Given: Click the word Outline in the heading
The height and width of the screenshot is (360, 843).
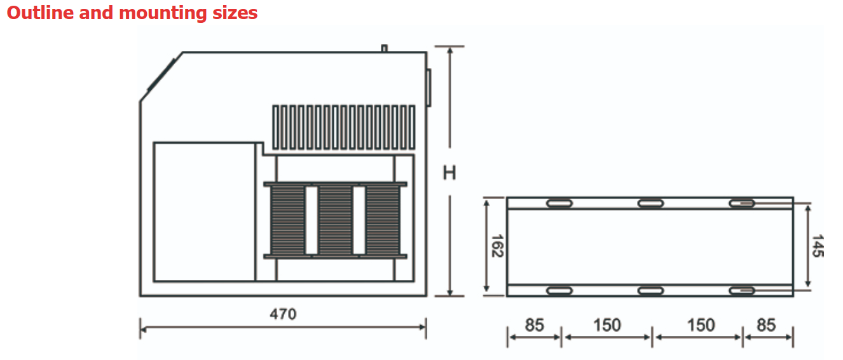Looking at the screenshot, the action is click(x=40, y=13).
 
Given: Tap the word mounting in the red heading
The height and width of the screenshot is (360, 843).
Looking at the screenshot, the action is click(x=163, y=14).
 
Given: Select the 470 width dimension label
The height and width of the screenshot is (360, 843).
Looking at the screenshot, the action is click(x=283, y=314).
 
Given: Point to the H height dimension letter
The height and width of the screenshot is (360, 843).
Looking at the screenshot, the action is click(x=449, y=173).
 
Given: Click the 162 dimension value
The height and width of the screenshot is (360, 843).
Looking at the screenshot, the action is click(x=498, y=246).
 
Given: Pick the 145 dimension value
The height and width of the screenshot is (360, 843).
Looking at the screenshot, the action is click(x=818, y=246).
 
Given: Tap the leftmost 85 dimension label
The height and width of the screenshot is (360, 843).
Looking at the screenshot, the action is click(x=535, y=325).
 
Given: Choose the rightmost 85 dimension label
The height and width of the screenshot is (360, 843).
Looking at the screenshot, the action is click(x=766, y=325).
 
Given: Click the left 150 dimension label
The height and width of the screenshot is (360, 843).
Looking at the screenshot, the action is click(x=607, y=325).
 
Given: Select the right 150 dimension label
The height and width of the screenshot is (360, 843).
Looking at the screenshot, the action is click(x=701, y=325).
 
